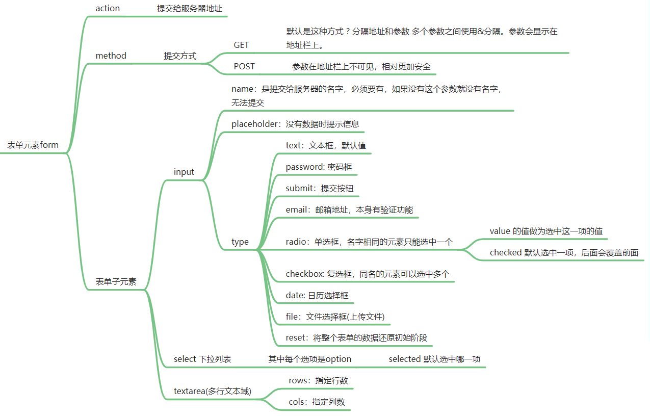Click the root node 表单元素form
pos(33,145)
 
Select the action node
pos(108,8)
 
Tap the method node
pos(111,56)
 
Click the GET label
pos(241,45)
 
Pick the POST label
pos(244,66)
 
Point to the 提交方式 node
pos(180,56)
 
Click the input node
pos(184,172)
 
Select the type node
pos(240,242)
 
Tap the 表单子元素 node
pos(116,281)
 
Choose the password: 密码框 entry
pos(319,167)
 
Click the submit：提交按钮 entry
pos(319,188)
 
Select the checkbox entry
pos(367,274)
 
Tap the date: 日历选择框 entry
pos(317,295)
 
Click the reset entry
pos(359,337)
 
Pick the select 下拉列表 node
pos(202,359)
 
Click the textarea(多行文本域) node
pos(213,391)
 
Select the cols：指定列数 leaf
pos(317,402)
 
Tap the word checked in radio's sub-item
pos(505,252)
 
